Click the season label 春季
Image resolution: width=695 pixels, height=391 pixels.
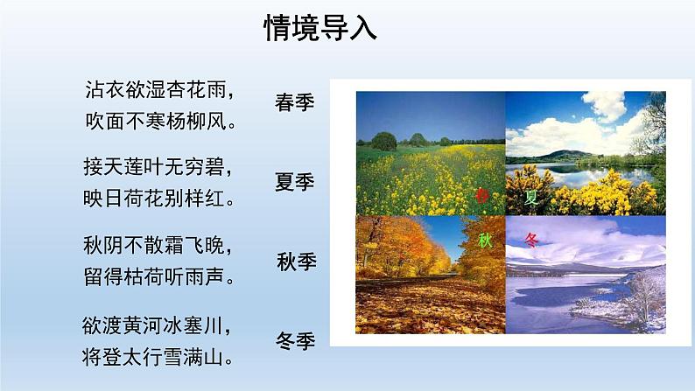point(295,103)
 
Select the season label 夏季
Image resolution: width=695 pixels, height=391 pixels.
point(295,183)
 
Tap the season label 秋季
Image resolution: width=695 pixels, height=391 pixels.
point(295,262)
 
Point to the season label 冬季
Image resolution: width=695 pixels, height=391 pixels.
point(295,340)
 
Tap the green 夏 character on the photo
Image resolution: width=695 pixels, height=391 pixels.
point(531,197)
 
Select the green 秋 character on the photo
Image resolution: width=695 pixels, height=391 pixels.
point(486,240)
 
